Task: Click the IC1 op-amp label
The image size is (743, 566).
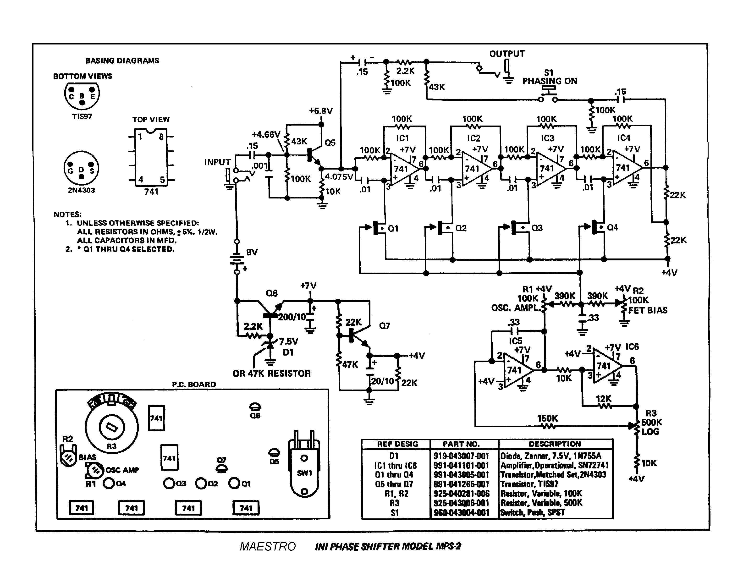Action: [x=402, y=138]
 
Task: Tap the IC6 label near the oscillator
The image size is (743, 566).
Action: [x=632, y=347]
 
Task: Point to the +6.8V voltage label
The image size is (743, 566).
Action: [x=321, y=111]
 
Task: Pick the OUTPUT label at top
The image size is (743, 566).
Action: [x=507, y=54]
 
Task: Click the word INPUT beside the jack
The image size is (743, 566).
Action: [x=217, y=162]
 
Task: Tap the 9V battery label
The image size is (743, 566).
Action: [x=252, y=252]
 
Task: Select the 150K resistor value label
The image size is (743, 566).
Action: [x=547, y=418]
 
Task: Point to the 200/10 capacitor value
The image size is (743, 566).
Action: [x=292, y=317]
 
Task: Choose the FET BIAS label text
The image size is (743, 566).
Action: [x=648, y=310]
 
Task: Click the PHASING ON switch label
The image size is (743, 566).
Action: [x=550, y=81]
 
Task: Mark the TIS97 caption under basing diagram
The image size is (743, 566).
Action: [x=82, y=116]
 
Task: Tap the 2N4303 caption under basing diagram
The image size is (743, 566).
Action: [x=82, y=190]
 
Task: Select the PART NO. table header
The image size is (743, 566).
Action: [x=461, y=444]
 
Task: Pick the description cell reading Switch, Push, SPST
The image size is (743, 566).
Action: [x=532, y=512]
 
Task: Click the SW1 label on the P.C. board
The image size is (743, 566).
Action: [x=304, y=473]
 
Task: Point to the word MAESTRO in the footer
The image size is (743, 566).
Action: [x=268, y=546]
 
